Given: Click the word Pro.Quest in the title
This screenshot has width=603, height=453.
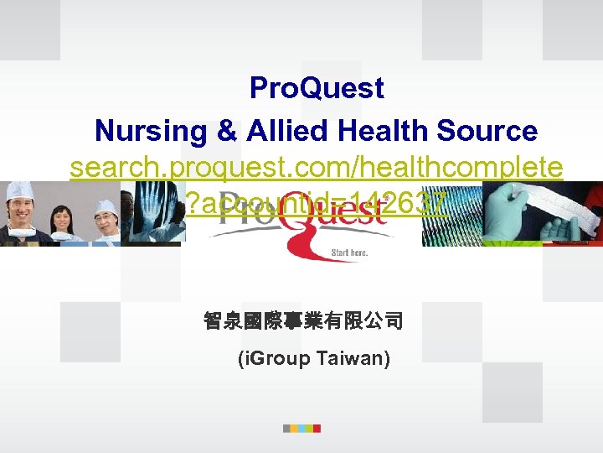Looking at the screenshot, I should click(x=317, y=88).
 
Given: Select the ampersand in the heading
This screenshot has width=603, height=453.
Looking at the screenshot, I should click(x=225, y=131).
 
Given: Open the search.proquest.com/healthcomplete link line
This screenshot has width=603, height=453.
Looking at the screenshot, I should click(x=317, y=169).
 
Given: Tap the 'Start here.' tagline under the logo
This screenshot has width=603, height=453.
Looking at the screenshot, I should click(x=349, y=252).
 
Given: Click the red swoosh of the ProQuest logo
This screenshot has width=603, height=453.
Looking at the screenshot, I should click(x=314, y=247).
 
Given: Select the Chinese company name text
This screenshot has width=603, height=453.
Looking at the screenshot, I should click(x=303, y=321).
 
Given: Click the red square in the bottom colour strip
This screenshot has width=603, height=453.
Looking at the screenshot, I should click(x=317, y=428).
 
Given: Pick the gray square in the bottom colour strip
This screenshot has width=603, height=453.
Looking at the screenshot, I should click(x=287, y=428).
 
